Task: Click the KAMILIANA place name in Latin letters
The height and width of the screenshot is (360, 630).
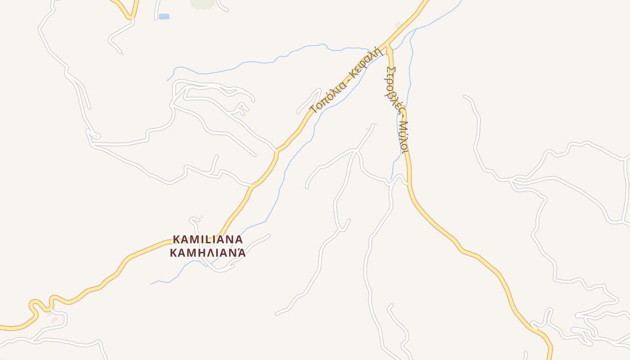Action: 208,239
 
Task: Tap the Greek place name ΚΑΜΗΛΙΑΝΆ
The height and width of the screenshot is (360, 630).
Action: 208,252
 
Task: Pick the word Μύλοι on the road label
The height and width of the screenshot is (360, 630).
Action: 404,137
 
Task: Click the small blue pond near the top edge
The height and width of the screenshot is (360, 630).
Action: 164,17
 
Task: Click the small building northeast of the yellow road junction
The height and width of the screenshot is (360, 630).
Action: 397,25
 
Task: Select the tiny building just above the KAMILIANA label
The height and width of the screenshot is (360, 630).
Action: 201,217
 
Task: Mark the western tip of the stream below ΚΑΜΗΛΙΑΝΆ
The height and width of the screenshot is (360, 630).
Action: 151,284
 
